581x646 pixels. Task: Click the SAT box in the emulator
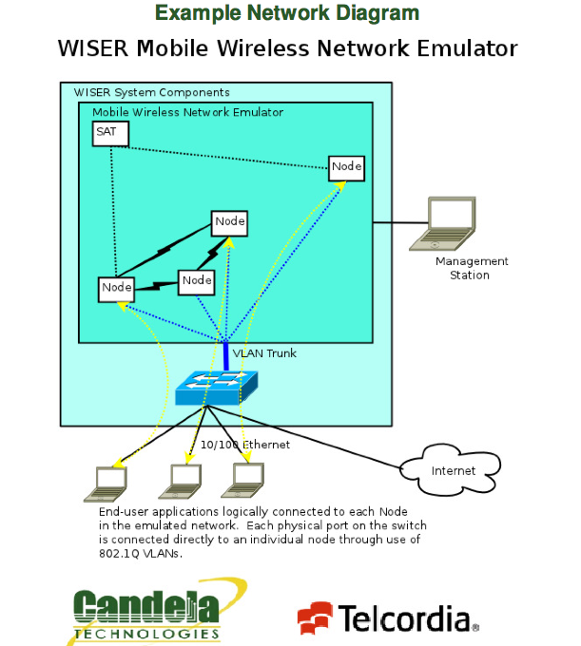point(110,133)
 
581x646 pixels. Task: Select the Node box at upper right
point(346,167)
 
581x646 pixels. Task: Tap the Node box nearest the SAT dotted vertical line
point(116,288)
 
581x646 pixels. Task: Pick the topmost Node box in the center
point(229,222)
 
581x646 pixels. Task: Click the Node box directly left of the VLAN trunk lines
point(197,281)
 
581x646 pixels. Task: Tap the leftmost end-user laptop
point(106,484)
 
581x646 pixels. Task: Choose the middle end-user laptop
point(181,482)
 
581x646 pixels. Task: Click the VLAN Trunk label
point(264,353)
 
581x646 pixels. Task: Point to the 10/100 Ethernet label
point(244,445)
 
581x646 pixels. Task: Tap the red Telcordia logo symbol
point(316,619)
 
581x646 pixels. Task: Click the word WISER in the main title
point(95,48)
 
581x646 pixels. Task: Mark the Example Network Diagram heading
point(286,13)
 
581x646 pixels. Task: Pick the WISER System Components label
point(151,92)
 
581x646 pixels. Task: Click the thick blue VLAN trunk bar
point(226,355)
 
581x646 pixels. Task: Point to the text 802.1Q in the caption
point(120,553)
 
